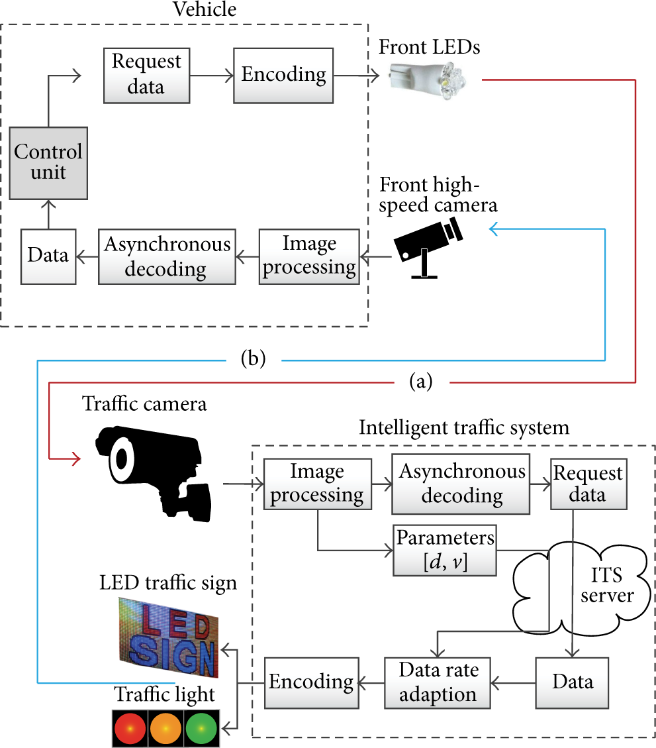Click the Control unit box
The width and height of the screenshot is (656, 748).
48,163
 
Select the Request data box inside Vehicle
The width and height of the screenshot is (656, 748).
147,76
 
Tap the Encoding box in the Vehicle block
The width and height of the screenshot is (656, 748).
283,76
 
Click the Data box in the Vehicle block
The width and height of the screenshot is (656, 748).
48,256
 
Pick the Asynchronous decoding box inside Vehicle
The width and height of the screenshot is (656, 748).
167,256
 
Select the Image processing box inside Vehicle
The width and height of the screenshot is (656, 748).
309,256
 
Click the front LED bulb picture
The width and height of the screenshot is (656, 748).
427,81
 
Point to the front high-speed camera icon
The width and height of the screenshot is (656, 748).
428,247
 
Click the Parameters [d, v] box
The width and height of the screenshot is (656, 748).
445,550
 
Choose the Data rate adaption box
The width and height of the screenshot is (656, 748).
438,682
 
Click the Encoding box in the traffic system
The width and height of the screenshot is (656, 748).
311,682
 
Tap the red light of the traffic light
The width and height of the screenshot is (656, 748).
130,728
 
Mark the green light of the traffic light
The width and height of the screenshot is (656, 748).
201,728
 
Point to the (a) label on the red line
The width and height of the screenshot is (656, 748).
421,382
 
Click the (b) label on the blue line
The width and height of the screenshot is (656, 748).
253,358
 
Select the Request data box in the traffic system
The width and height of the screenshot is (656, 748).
588,484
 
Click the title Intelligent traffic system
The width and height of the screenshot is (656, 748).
464,428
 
